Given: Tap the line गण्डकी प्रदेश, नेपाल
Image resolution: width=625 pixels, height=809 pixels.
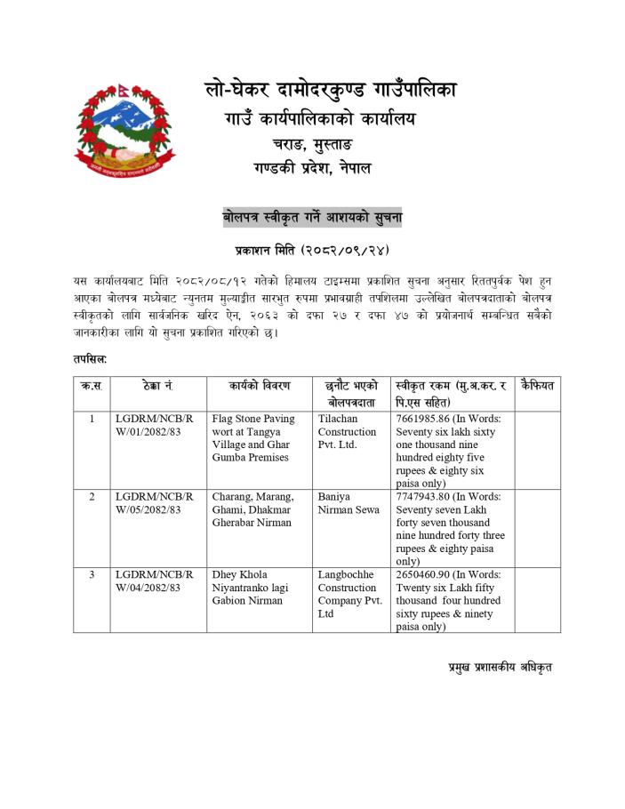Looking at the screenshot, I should pos(311,168).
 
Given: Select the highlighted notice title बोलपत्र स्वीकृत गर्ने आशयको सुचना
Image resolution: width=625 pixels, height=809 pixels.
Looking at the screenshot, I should pos(312,216).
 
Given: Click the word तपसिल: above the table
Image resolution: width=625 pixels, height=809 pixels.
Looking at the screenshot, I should pos(91,358).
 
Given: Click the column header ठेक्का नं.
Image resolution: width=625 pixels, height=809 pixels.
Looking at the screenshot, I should pos(156,386).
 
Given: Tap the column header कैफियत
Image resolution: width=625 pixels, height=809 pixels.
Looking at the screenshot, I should pos(537,386).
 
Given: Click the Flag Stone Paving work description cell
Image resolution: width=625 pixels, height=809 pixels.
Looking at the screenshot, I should pos(252,437).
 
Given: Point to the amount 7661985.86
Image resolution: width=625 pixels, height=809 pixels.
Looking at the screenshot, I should pos(428,419).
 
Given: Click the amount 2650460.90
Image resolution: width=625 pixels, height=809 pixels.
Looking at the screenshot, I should pos(428,575).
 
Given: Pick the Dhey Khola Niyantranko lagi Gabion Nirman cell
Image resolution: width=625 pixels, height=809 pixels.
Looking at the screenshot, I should pos(249,588).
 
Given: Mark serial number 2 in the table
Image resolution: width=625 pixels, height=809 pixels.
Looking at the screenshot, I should pos(92,497).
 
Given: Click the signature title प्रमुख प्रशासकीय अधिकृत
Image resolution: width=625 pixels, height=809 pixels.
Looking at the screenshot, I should pos(500,667).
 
